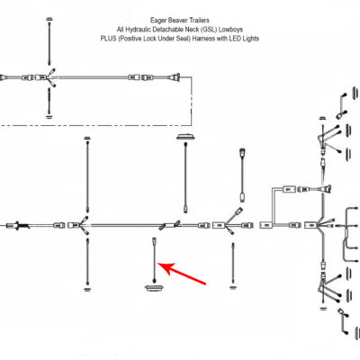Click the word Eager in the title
157,21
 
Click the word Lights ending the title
251,39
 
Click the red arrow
182,273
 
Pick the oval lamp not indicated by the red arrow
186,138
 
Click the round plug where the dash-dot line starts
176,77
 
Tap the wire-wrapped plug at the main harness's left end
19,225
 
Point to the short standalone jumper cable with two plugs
242,175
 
